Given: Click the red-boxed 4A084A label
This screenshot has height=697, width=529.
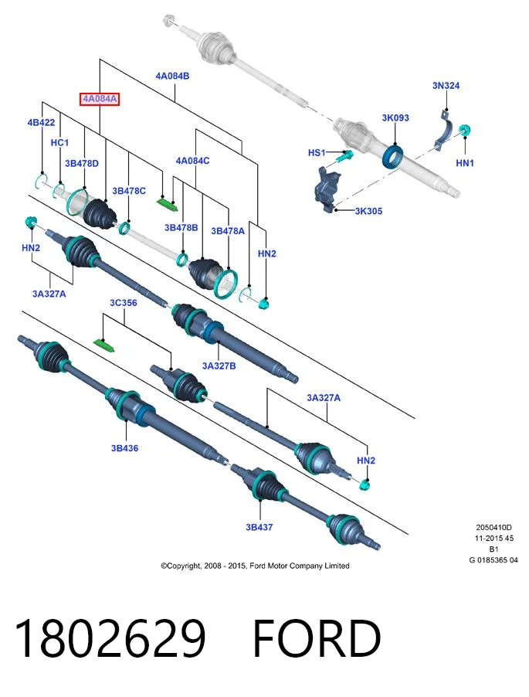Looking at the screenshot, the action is pyautogui.click(x=100, y=99).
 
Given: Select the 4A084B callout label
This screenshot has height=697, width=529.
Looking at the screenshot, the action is pyautogui.click(x=172, y=76).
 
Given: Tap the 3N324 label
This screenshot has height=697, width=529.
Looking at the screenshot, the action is pyautogui.click(x=446, y=85).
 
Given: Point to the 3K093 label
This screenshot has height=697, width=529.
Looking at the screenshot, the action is pyautogui.click(x=395, y=117).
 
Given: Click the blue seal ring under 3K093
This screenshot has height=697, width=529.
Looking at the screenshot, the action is pyautogui.click(x=393, y=156).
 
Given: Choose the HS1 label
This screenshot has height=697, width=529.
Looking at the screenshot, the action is pyautogui.click(x=317, y=152).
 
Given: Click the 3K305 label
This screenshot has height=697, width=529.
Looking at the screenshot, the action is pyautogui.click(x=368, y=211).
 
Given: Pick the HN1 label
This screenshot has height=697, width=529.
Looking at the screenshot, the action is pyautogui.click(x=465, y=163).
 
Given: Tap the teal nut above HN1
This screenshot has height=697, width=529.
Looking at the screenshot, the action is pyautogui.click(x=465, y=131).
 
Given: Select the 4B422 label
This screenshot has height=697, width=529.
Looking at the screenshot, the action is pyautogui.click(x=41, y=123).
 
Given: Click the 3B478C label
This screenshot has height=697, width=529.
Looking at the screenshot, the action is pyautogui.click(x=129, y=191).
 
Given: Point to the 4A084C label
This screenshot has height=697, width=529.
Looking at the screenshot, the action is pyautogui.click(x=192, y=161).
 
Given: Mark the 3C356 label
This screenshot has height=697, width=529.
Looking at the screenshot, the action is pyautogui.click(x=123, y=303).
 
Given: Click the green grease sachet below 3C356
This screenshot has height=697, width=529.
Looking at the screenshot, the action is pyautogui.click(x=104, y=344).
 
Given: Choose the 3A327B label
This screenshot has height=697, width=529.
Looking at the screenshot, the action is pyautogui.click(x=219, y=365).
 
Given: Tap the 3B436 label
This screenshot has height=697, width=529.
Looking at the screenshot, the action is pyautogui.click(x=124, y=448).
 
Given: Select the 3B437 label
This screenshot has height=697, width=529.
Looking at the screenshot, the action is pyautogui.click(x=259, y=527).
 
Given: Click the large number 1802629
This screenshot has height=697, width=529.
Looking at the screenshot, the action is pyautogui.click(x=110, y=638).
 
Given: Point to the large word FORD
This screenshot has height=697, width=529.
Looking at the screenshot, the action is pyautogui.click(x=317, y=638).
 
